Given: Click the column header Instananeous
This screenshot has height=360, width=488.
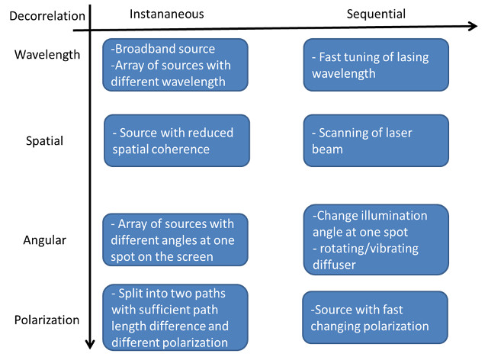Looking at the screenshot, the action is pos(166,14).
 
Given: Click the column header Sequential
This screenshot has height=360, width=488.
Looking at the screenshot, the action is pos(376,14).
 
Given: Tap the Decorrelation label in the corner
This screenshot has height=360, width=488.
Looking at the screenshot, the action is pos(47,16).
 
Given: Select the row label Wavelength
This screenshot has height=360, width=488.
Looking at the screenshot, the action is pos(47,55).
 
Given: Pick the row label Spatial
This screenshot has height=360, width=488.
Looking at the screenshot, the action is pos(44,141).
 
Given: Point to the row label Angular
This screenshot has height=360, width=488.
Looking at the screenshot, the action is pos(45,240).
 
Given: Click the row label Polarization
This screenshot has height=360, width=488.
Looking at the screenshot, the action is pos(47,320).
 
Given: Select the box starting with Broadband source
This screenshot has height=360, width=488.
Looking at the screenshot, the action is pos(175,65).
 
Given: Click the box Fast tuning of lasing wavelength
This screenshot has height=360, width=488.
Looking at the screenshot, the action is pos(376,65).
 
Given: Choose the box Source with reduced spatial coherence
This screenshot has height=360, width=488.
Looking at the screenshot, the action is pos(177,140).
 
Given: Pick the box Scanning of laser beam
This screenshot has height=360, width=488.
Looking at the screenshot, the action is pos(376,140).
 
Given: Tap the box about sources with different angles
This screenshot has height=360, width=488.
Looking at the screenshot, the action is pos(175,239).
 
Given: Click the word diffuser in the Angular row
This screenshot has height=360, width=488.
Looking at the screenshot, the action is pos(334,265).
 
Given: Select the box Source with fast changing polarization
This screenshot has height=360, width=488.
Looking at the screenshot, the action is pos(375,317).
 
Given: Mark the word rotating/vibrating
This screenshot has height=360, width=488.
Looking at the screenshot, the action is pos(369,249).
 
